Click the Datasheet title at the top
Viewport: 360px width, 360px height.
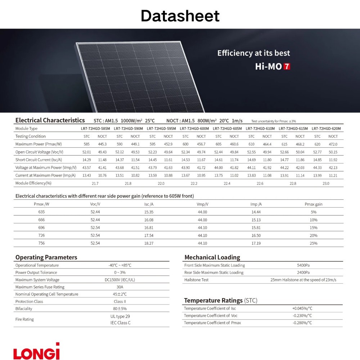pyautogui.click(x=180, y=16)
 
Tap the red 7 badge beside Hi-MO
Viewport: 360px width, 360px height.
pyautogui.click(x=287, y=67)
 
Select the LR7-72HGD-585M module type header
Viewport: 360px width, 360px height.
pyautogui.click(x=95, y=129)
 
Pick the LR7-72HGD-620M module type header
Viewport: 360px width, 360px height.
pyautogui.click(x=326, y=129)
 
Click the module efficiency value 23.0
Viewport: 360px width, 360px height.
pyautogui.click(x=325, y=184)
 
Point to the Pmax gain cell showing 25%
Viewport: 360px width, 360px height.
pyautogui.click(x=313, y=243)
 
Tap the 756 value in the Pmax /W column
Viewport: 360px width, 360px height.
pyautogui.click(x=42, y=243)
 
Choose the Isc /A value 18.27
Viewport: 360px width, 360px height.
pyautogui.click(x=149, y=243)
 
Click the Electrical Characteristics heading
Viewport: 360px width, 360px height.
pyautogui.click(x=50, y=121)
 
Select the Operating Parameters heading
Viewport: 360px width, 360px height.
pyautogui.click(x=46, y=257)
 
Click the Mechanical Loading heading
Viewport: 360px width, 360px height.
pyautogui.click(x=212, y=257)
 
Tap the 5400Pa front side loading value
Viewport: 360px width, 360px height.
pyautogui.click(x=303, y=265)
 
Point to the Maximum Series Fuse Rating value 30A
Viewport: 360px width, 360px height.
pyautogui.click(x=120, y=287)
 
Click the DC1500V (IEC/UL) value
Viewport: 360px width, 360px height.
pyautogui.click(x=120, y=280)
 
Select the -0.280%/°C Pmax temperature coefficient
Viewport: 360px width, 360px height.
pyautogui.click(x=302, y=323)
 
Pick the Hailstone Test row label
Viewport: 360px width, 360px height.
pyautogui.click(x=196, y=280)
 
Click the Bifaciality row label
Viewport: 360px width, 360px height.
pyautogui.click(x=24, y=309)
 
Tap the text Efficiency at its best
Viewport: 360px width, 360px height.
pyautogui.click(x=253, y=53)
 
